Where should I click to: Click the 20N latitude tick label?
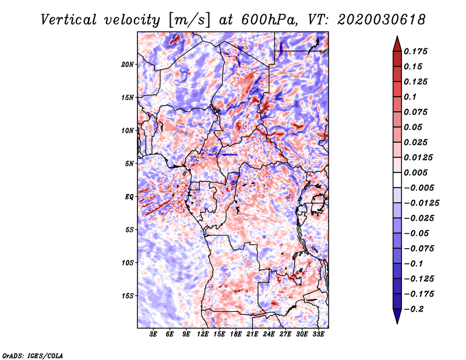coord(128,65)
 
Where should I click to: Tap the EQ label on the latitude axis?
coord(129,197)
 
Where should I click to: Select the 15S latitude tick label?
coord(128,296)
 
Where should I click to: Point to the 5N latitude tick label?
coord(129,164)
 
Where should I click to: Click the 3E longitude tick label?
coord(153,334)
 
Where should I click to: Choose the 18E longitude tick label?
coord(236,334)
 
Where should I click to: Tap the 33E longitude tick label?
coord(318,334)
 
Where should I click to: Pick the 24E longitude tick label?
coord(269,334)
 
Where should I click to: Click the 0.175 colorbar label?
coord(415,51)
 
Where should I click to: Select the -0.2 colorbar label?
coord(414,309)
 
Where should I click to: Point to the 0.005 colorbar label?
coord(415,172)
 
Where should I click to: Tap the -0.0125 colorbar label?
coord(421,203)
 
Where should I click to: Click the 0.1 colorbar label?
coord(410,97)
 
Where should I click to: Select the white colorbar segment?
coord(397,180)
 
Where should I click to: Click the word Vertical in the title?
coord(68,20)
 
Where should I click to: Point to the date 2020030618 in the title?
coord(381,20)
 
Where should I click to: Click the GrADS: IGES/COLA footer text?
coord(33,356)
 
